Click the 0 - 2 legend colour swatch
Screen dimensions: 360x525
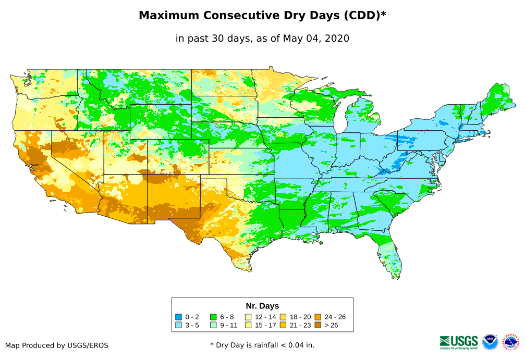[x=179, y=317]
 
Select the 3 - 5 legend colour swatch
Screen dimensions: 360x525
[x=179, y=325]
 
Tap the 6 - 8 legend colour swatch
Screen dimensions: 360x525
[x=213, y=317]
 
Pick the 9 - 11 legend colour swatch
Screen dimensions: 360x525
[x=213, y=325]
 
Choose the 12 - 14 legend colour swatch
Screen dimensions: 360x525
[x=248, y=317]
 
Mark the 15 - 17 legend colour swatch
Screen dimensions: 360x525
[x=248, y=325]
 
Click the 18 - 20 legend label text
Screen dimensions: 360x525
[x=300, y=317]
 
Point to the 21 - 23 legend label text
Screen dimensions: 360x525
[x=300, y=325]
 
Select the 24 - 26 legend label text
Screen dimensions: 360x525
[x=335, y=317]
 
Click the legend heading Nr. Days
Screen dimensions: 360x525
[x=262, y=306]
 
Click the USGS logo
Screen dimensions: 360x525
[x=459, y=342]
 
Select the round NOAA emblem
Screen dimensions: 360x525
[x=490, y=342]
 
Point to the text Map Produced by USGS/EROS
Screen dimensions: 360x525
[x=57, y=345]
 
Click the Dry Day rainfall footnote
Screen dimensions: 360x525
[x=262, y=345]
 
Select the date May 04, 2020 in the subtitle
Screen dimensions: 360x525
[x=316, y=38]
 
